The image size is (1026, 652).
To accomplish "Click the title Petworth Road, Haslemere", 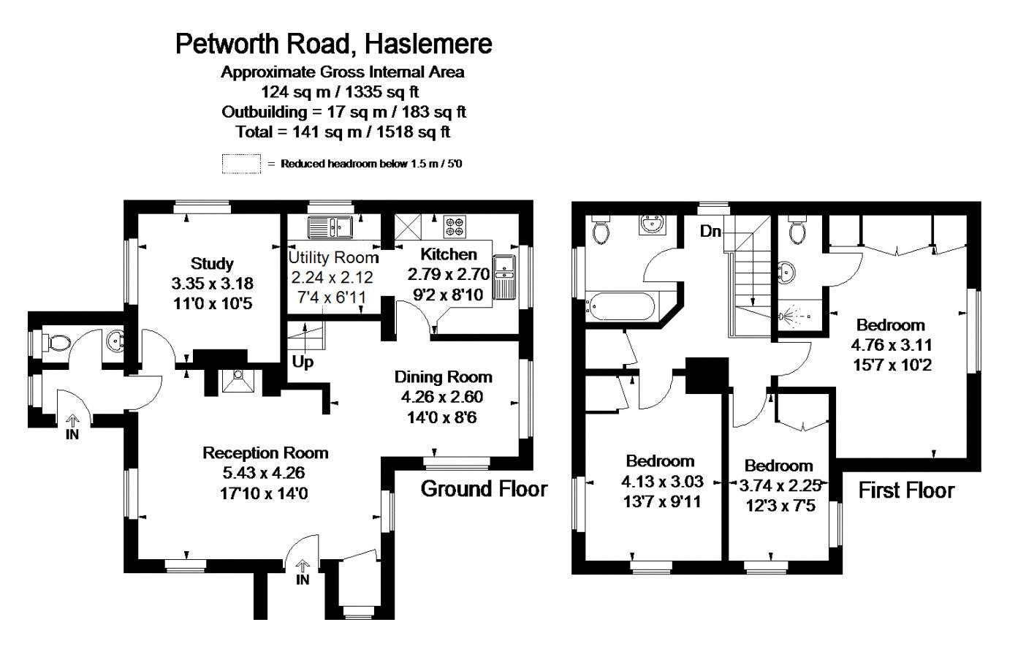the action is [x=334, y=45].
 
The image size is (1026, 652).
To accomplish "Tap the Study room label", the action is [x=212, y=263].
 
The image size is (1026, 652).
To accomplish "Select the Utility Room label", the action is [x=333, y=257].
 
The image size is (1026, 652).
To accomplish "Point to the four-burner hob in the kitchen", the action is [x=455, y=227].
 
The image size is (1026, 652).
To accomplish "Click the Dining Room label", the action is [x=444, y=377].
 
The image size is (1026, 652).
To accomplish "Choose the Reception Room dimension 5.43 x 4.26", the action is [x=264, y=473].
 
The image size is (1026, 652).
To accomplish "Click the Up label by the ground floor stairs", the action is [x=303, y=362].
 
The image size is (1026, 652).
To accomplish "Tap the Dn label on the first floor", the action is [x=710, y=232].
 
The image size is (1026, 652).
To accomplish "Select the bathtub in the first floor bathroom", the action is [x=622, y=307].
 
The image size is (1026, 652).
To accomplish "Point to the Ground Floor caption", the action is [x=484, y=489].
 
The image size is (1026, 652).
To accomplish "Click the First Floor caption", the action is [x=906, y=490].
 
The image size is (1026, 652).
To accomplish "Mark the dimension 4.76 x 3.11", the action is [x=892, y=345].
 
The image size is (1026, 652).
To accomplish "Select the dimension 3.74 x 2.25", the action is [x=780, y=485].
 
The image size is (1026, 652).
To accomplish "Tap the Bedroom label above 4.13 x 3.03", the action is [x=660, y=461].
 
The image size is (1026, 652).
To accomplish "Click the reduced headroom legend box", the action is [x=241, y=164].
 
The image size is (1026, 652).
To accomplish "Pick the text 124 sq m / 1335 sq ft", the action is [x=340, y=92].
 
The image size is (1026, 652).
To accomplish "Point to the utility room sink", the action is [x=330, y=227].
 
